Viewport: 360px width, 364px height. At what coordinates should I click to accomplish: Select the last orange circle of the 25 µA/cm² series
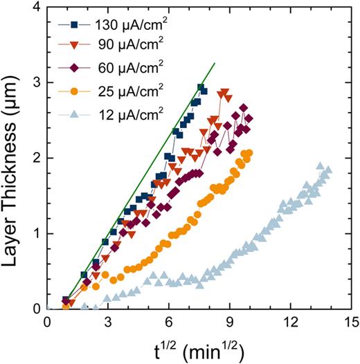click(x=249, y=153)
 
